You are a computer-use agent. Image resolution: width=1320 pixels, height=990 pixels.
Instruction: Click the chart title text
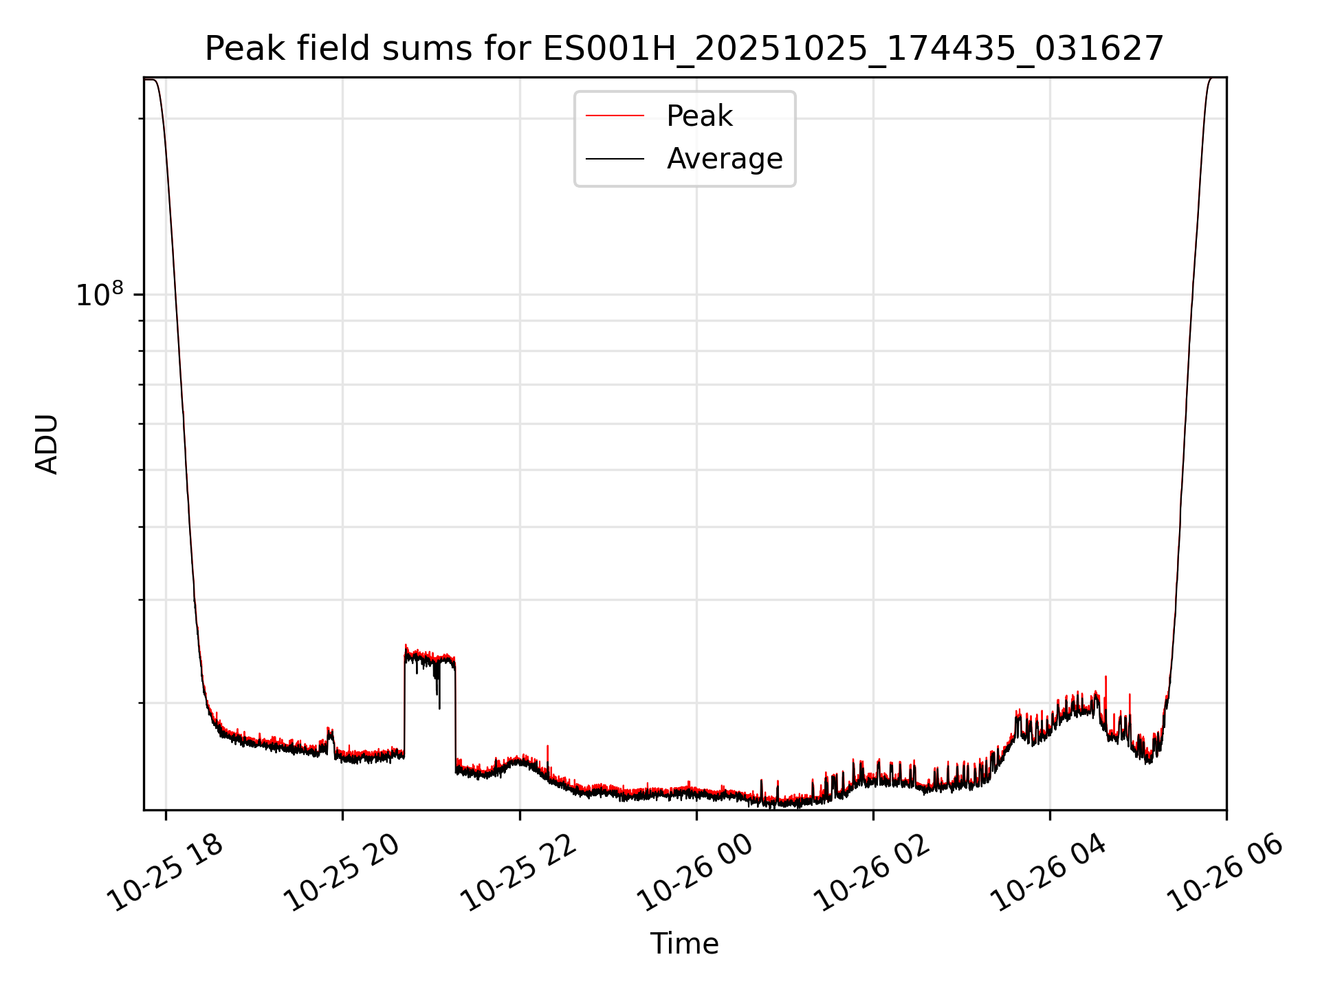[684, 49]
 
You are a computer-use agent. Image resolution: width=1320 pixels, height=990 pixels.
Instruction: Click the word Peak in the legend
[699, 116]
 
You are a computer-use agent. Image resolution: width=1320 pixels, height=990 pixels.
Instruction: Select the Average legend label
[725, 159]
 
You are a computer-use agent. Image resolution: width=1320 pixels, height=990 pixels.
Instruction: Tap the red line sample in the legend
[615, 116]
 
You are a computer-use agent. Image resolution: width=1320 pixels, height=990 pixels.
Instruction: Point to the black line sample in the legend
[615, 159]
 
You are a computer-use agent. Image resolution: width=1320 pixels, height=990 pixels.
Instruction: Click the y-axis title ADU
[47, 444]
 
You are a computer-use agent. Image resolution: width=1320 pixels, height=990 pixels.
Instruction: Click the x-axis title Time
[684, 944]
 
